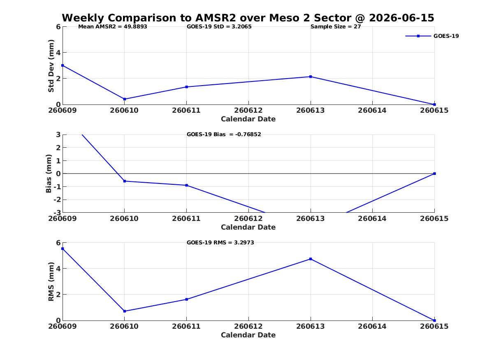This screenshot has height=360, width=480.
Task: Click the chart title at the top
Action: click(248, 18)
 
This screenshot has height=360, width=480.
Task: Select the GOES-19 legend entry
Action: click(432, 36)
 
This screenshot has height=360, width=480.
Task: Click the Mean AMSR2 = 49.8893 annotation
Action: click(113, 27)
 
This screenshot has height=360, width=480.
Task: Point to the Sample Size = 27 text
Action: click(336, 27)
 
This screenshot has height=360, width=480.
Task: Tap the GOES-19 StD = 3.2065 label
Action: click(219, 27)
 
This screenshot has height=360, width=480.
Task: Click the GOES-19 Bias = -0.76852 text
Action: click(224, 135)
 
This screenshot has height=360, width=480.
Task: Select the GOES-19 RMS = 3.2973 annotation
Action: click(220, 242)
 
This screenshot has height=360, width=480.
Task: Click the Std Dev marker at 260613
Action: click(311, 77)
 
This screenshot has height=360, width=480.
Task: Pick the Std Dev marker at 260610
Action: click(125, 99)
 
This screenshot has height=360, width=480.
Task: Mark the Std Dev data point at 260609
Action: click(63, 65)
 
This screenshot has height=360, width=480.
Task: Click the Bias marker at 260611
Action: click(187, 185)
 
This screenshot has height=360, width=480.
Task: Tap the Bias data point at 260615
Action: click(434, 174)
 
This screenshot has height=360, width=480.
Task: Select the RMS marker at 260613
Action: click(311, 259)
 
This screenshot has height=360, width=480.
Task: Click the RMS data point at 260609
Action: click(63, 249)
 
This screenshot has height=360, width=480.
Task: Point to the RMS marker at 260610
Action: click(125, 311)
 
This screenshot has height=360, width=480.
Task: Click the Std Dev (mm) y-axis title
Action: click(51, 66)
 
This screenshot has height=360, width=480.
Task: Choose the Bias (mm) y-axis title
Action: click(49, 174)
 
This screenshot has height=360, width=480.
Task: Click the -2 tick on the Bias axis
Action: click(57, 200)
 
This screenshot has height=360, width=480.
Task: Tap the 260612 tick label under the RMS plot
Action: click(248, 326)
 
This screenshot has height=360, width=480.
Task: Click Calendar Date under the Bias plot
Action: click(248, 227)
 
